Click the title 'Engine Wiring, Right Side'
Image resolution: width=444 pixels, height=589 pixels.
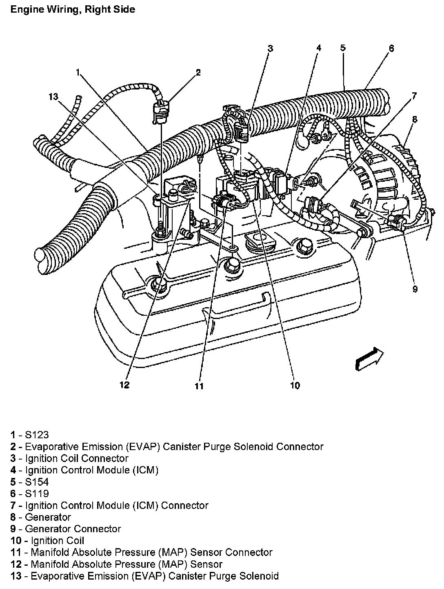coord(73,9)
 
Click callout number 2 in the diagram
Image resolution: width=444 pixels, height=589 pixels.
coord(198,73)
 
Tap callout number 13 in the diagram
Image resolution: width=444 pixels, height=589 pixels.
coord(53,97)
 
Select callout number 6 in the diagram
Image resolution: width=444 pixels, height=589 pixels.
coord(391,48)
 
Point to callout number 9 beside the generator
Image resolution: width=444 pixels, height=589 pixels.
coord(415,289)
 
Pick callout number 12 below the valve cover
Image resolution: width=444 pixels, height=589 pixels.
coord(124,385)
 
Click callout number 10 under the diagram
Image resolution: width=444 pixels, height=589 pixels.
coord(295,385)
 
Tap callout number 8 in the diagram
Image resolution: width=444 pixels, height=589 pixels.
coord(415,119)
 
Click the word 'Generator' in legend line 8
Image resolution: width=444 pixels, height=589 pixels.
coord(48,517)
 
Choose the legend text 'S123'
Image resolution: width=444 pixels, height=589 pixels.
coord(37,435)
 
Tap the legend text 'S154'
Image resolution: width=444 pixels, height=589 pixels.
coord(37,482)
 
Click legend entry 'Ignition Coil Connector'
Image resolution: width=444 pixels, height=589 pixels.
coord(76,458)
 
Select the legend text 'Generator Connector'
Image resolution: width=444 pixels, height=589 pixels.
coord(73,529)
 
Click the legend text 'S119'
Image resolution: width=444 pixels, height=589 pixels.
coord(37,493)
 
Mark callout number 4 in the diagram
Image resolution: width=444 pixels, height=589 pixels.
coord(319,48)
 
